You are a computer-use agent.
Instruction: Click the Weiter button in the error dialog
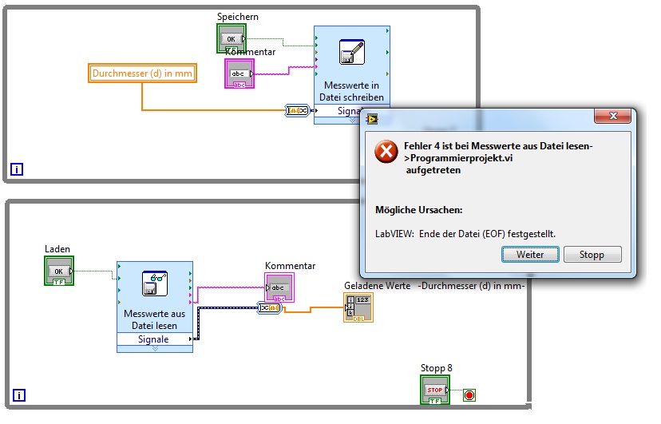[530, 255]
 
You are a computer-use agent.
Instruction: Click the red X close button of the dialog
[613, 117]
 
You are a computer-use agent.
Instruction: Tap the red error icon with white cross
[386, 151]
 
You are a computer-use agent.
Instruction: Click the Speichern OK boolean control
[230, 38]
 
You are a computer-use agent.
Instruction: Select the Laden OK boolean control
[58, 271]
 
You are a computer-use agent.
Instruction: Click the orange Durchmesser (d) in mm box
[142, 74]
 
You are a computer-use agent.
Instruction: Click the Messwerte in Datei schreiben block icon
[351, 52]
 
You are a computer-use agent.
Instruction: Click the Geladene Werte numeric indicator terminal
[358, 307]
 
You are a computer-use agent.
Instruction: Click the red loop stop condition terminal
[469, 394]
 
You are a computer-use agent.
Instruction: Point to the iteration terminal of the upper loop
[17, 168]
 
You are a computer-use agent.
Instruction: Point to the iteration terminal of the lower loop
[19, 394]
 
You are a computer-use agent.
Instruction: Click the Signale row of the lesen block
[154, 339]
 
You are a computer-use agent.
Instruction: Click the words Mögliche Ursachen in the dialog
[419, 210]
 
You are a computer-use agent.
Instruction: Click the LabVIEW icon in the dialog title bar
[372, 119]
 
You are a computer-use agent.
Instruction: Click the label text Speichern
[238, 16]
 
